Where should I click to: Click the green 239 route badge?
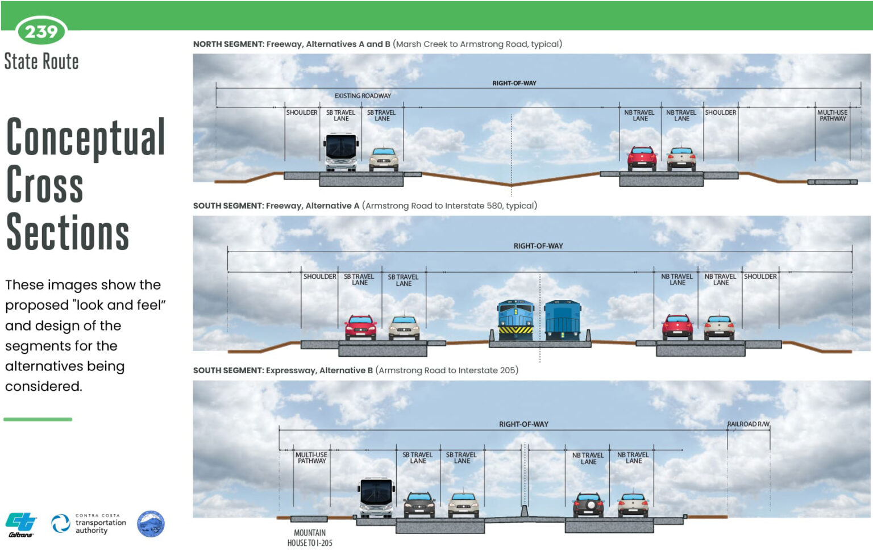pyautogui.click(x=41, y=31)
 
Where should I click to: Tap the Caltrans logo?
pyautogui.click(x=21, y=524)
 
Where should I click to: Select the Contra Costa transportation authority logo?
pyautogui.click(x=89, y=524)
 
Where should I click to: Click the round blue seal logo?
pyautogui.click(x=151, y=524)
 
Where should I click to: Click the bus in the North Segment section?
pyautogui.click(x=341, y=152)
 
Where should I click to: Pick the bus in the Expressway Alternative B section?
pyautogui.click(x=376, y=498)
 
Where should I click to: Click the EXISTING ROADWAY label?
pyautogui.click(x=363, y=96)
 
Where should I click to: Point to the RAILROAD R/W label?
pyautogui.click(x=748, y=424)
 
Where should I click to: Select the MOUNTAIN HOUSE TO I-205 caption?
pyautogui.click(x=310, y=538)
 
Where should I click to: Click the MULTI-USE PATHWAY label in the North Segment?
pyautogui.click(x=833, y=116)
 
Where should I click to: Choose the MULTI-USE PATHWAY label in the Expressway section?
pyautogui.click(x=311, y=458)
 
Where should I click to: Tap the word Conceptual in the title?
pyautogui.click(x=86, y=137)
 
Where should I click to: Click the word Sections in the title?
pyautogui.click(x=68, y=232)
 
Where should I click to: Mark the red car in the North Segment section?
pyautogui.click(x=642, y=158)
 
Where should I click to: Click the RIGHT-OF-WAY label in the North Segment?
pyautogui.click(x=514, y=84)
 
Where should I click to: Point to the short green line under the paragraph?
pyautogui.click(x=38, y=419)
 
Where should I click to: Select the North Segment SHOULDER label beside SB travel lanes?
pyautogui.click(x=302, y=112)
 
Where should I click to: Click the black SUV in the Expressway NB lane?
pyautogui.click(x=588, y=504)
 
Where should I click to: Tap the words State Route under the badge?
pyautogui.click(x=41, y=61)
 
